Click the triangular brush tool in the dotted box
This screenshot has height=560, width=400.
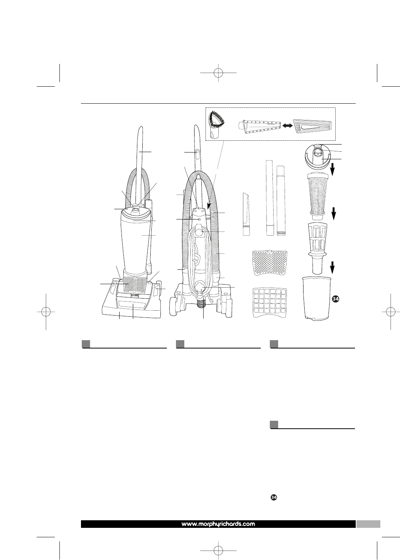[218, 124]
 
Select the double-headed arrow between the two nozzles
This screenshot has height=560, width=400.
[287, 127]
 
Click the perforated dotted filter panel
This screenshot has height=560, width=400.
[270, 263]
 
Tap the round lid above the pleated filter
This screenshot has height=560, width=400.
[318, 156]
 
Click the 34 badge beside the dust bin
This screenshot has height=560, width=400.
[336, 299]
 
